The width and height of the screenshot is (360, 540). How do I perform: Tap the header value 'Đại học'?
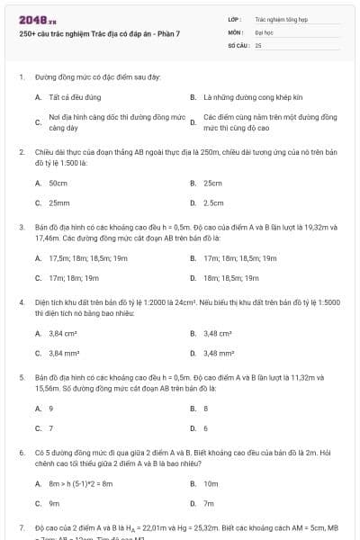264,31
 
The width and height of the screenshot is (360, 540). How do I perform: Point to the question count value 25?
258,44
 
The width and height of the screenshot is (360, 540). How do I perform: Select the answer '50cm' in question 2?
58,183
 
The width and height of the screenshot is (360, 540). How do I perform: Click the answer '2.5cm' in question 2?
213,202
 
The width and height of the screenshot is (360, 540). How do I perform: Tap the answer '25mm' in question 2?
59,202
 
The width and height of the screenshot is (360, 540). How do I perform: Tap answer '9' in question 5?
51,408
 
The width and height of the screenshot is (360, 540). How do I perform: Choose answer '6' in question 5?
206,427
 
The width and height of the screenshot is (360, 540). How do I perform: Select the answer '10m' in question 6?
211,483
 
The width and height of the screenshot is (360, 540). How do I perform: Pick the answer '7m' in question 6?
209,503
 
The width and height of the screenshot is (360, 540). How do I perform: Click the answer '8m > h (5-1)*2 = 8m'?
81,483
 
